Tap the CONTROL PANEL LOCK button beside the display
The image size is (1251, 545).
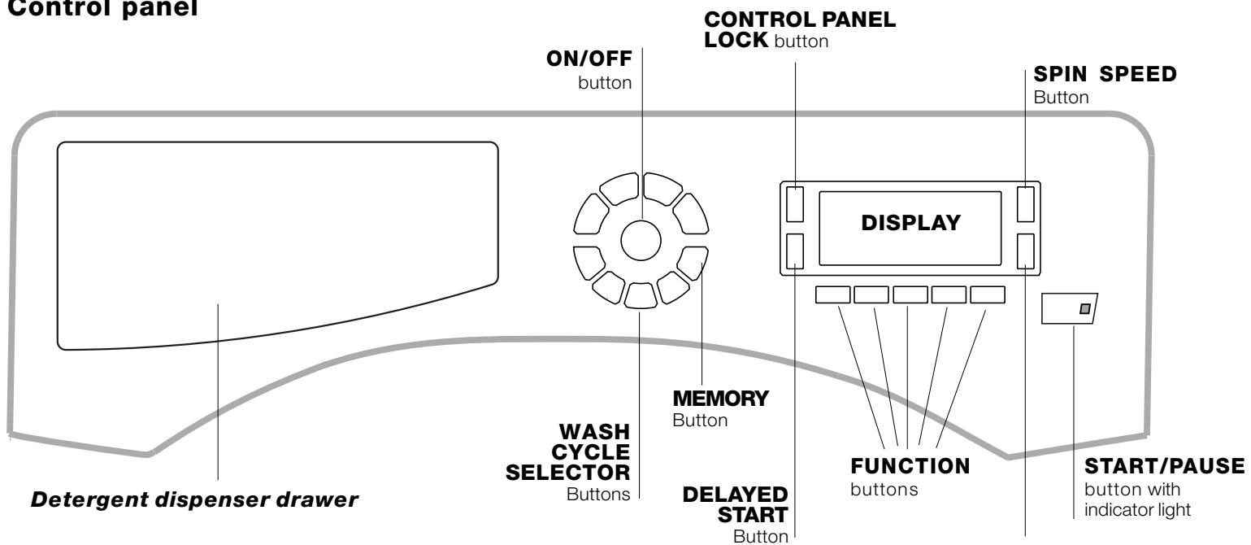pos(796,203)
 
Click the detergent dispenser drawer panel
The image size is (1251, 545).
pos(276,244)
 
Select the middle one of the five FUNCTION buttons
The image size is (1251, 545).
pos(910,294)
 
